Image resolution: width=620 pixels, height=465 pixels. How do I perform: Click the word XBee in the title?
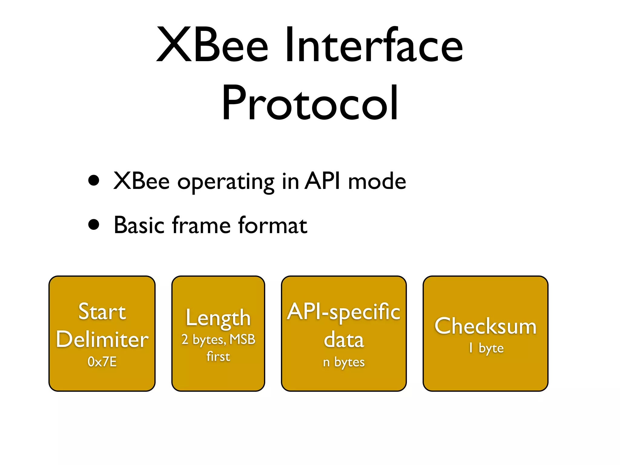(x=212, y=45)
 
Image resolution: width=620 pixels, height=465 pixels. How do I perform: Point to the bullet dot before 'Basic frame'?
(x=94, y=225)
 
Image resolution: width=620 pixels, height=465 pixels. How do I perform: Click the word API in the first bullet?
(x=322, y=181)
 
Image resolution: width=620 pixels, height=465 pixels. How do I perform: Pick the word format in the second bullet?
(x=272, y=225)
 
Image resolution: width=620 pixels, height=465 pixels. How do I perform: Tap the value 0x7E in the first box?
(x=102, y=361)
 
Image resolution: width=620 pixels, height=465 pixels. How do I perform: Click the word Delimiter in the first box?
(x=102, y=339)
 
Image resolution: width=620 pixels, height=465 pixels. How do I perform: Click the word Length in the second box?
(x=218, y=318)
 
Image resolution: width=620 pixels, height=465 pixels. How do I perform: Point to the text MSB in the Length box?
(x=242, y=339)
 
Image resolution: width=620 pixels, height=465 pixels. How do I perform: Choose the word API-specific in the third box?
(x=344, y=312)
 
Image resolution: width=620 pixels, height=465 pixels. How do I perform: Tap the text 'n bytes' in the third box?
(x=344, y=362)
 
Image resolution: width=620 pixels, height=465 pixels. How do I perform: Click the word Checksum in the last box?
(x=485, y=326)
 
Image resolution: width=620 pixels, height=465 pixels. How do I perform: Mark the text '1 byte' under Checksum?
(x=486, y=348)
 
